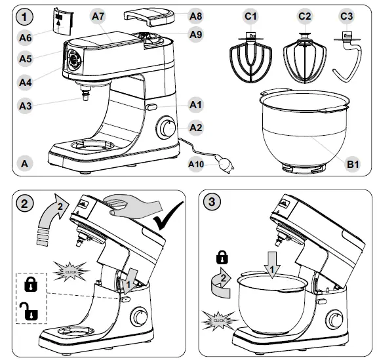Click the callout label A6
pos(25,38)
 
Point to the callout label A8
pos(195,15)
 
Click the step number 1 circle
pos(25,15)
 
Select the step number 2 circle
pos(25,203)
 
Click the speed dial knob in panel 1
pos(167,127)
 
